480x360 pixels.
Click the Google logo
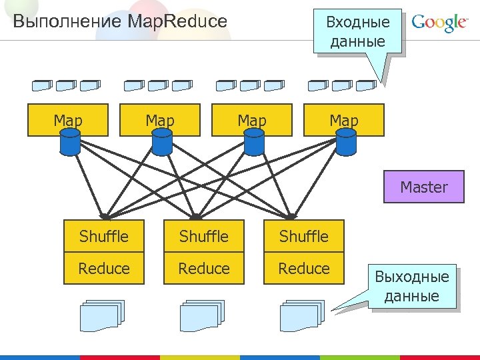439,23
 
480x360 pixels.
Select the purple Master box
424,187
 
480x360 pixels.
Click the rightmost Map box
344,120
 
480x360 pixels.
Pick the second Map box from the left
159,120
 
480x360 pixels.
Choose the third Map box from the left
252,120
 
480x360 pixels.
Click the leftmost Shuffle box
104,236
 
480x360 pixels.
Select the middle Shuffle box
204,236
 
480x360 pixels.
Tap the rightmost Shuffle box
304,236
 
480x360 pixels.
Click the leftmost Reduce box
104,268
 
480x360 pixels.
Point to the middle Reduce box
204,268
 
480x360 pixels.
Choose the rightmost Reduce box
304,268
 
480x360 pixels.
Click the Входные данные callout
357,31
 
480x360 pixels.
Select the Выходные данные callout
412,286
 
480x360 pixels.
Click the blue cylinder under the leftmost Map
70,141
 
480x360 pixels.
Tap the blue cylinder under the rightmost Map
346,141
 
